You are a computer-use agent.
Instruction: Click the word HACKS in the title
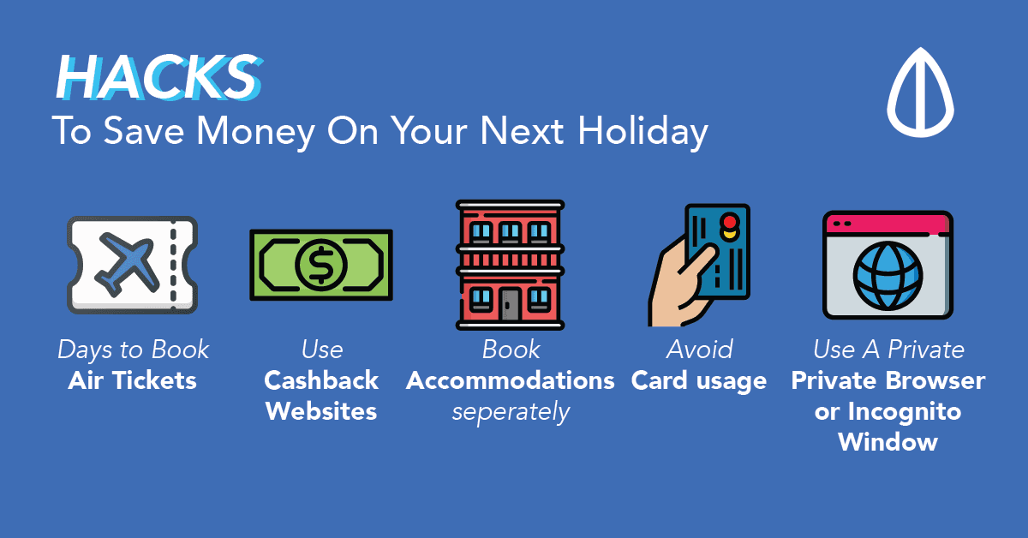coord(159,76)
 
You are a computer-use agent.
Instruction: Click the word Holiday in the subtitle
coord(643,132)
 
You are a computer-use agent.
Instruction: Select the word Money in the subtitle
coord(255,132)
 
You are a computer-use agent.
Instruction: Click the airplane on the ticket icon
coord(127,265)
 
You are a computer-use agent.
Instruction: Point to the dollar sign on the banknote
coord(320,265)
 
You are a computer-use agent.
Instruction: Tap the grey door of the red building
coord(510,304)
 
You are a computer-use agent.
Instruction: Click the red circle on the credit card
coord(730,221)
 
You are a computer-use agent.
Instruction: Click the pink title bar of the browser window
coord(888,224)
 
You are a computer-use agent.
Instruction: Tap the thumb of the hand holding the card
coord(697,260)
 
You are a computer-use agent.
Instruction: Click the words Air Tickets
coord(132,380)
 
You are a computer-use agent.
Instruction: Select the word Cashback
coord(321,380)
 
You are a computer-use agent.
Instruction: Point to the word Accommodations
coord(510,380)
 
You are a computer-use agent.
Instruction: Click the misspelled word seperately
coord(511,412)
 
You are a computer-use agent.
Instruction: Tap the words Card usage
coord(698,381)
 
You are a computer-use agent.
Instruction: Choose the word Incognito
coord(904,412)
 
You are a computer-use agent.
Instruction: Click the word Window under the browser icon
coord(888,442)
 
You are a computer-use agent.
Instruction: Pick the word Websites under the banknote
coord(321,411)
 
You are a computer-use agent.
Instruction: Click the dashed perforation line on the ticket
coord(173,266)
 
